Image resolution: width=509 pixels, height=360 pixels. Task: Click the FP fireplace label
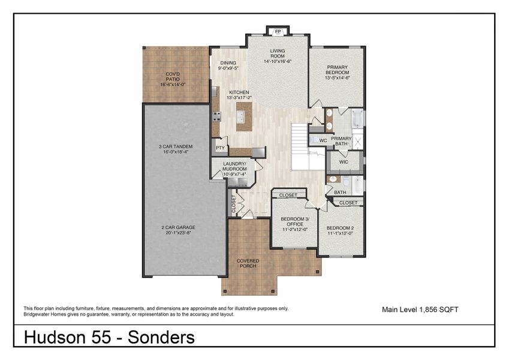(x=278, y=31)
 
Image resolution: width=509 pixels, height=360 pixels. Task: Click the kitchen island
(x=244, y=115)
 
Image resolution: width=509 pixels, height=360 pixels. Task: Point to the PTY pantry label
(x=220, y=147)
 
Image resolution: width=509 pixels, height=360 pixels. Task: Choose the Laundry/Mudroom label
(x=234, y=166)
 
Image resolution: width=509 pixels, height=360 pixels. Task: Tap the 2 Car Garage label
(x=178, y=227)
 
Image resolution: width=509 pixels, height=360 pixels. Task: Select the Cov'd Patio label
(x=173, y=74)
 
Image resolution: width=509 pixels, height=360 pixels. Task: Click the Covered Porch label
(x=248, y=263)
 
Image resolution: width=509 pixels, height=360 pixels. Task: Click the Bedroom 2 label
(x=340, y=229)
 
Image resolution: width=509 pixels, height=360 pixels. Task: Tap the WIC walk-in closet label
(x=344, y=162)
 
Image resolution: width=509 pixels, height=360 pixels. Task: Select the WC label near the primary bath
(x=322, y=140)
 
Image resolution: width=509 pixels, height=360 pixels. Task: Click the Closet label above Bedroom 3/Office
(x=288, y=195)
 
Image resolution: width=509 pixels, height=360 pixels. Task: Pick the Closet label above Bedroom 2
(x=348, y=203)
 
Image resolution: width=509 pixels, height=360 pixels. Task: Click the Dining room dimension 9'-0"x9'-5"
(x=228, y=68)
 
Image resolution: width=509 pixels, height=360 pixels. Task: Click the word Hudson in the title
(x=53, y=337)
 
